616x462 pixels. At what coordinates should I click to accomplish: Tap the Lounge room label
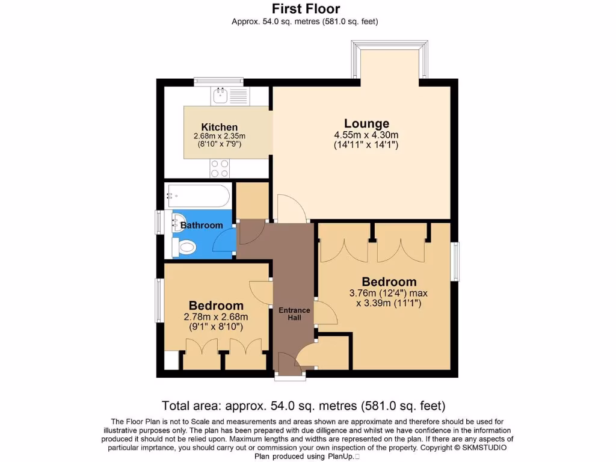tap(366, 123)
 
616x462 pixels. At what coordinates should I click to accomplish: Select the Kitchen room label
tap(219, 127)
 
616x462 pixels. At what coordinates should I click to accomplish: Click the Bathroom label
tap(202, 226)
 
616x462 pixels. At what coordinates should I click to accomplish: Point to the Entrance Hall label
tap(294, 313)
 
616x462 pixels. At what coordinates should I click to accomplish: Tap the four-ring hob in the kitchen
tap(219, 168)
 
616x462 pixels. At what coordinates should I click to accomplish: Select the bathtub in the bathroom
tap(197, 194)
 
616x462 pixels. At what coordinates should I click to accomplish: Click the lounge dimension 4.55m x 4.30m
tap(366, 135)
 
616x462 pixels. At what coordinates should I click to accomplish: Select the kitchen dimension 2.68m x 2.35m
tap(219, 137)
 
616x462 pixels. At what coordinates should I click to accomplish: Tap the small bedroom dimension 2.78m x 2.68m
tap(215, 317)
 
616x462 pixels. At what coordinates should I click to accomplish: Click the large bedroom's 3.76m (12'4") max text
tap(388, 294)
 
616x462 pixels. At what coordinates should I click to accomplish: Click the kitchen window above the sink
tap(218, 82)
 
